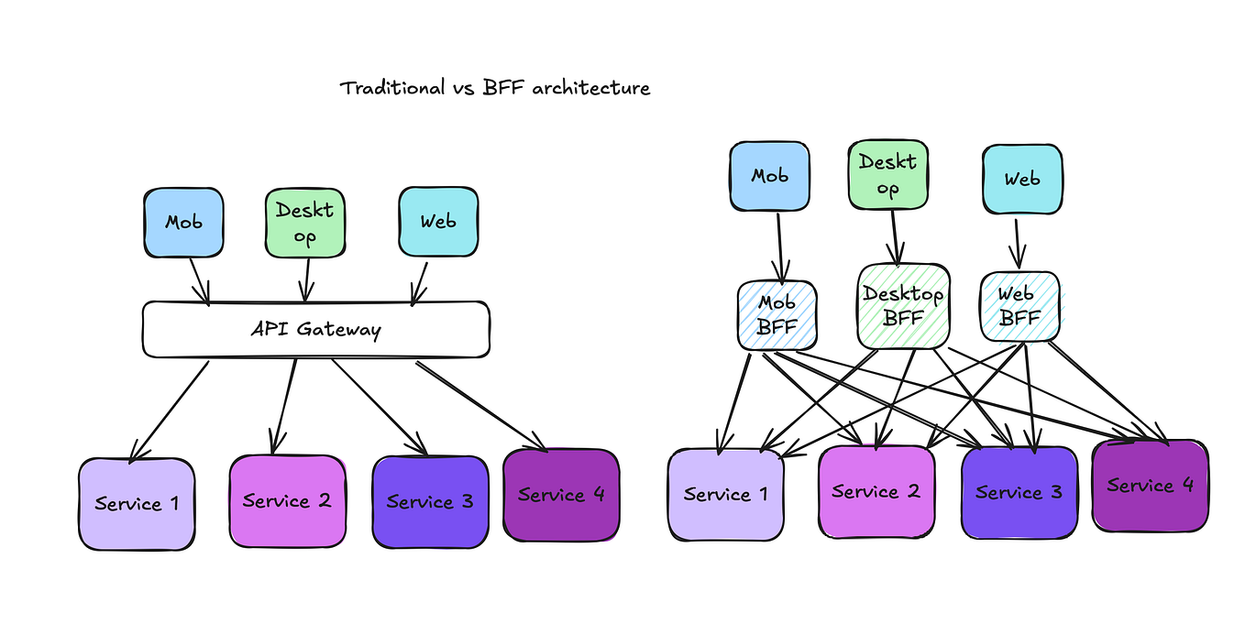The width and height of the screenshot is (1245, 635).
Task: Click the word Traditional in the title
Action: point(391,88)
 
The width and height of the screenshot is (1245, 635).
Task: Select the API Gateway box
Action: point(315,330)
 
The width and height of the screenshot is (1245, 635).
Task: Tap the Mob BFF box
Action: point(777,315)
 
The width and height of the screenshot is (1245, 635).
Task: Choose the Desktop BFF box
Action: point(903,306)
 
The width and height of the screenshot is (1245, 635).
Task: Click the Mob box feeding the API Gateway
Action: point(183,223)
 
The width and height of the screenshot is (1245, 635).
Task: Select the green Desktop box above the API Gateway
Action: point(305,223)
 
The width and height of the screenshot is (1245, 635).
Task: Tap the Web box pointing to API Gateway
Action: point(438,222)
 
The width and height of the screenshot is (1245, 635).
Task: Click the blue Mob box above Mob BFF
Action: point(769,176)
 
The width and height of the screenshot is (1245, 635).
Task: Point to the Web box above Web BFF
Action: point(1022,179)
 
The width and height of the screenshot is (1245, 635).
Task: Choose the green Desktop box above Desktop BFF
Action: point(887,175)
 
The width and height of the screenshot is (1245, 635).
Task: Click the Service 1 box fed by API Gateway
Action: point(137,503)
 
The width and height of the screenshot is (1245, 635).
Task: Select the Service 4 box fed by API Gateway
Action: point(561,495)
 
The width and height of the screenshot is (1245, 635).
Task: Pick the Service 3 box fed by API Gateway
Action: point(430,501)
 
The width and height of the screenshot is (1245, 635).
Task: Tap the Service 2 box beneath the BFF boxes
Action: point(876,492)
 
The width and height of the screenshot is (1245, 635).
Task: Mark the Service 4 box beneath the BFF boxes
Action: point(1150,486)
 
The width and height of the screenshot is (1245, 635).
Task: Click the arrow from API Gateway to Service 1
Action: point(171,410)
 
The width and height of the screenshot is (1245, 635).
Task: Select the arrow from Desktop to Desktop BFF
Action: point(894,236)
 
